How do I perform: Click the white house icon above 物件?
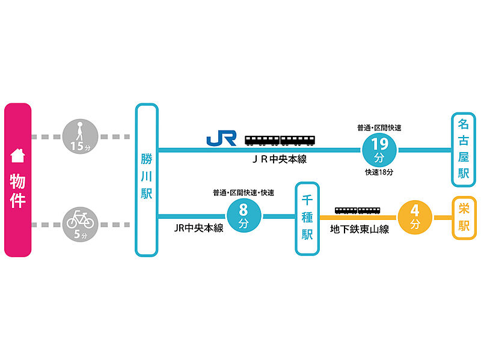click(18, 156)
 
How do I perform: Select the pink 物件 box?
click(18, 180)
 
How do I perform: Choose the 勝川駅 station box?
click(147, 180)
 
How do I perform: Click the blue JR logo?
click(221, 138)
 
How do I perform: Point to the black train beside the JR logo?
click(280, 141)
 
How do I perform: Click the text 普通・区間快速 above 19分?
click(379, 127)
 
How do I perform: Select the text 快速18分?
click(379, 172)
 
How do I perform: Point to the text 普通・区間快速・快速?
click(243, 193)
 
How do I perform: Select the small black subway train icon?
click(358, 210)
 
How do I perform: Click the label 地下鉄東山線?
click(360, 228)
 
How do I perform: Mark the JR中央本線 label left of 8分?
click(198, 228)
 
